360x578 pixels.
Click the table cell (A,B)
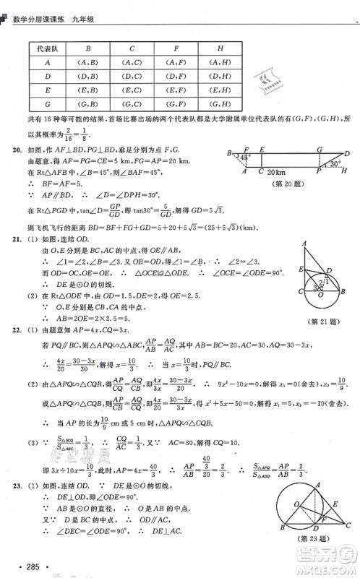coord(87,62)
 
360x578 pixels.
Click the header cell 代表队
coord(47,48)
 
